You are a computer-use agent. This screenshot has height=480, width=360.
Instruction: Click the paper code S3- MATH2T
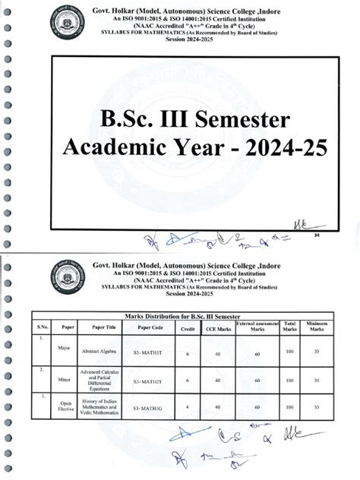(150, 381)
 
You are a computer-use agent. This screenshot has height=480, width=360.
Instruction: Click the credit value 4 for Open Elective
(187, 409)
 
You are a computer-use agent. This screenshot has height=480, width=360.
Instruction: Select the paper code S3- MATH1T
(150, 354)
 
